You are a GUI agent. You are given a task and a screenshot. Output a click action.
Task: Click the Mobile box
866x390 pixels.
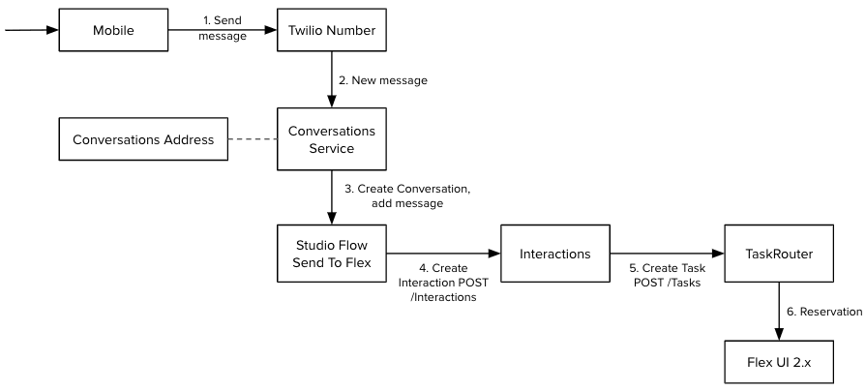113,30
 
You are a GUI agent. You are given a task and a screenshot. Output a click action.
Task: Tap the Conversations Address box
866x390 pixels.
142,140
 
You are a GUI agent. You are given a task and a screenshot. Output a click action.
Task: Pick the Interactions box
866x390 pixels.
555,253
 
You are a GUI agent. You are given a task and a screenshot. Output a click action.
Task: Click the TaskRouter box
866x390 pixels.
779,253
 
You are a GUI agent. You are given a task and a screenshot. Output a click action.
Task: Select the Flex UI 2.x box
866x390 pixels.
779,363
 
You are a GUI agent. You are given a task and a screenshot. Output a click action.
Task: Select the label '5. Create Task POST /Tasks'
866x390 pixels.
667,276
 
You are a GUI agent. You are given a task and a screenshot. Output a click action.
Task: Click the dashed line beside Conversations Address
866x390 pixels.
252,140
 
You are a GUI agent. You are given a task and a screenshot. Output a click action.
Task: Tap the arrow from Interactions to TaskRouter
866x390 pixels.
668,253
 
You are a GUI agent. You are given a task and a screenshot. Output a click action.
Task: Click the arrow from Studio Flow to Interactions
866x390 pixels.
444,253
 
